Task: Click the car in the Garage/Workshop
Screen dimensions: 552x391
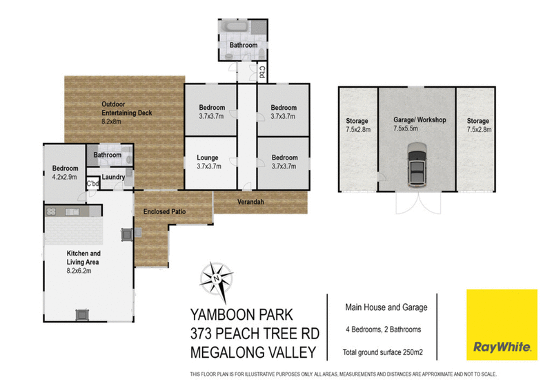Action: pyautogui.click(x=417, y=165)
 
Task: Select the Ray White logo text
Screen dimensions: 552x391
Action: pyautogui.click(x=502, y=347)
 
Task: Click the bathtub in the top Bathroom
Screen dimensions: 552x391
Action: pyautogui.click(x=237, y=26)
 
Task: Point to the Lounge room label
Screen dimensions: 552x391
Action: pyautogui.click(x=208, y=158)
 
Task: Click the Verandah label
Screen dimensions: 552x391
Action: pyautogui.click(x=250, y=202)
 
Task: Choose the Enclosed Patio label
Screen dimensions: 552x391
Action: pyautogui.click(x=164, y=211)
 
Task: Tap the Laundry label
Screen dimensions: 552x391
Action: pyautogui.click(x=113, y=177)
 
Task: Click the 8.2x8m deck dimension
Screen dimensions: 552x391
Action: pyautogui.click(x=111, y=122)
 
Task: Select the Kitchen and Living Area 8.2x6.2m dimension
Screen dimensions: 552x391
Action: pyautogui.click(x=79, y=271)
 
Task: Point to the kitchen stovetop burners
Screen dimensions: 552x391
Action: pyautogui.click(x=51, y=211)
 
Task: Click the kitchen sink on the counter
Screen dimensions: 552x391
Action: pyautogui.click(x=72, y=211)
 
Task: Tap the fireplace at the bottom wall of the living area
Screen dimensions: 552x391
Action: pyautogui.click(x=82, y=315)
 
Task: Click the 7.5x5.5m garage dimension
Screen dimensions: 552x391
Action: pyautogui.click(x=406, y=128)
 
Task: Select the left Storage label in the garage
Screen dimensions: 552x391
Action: pyautogui.click(x=357, y=121)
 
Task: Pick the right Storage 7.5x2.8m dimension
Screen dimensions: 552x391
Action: pyautogui.click(x=479, y=129)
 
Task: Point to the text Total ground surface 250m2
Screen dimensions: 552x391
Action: pyautogui.click(x=383, y=352)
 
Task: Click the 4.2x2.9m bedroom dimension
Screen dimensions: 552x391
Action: pyautogui.click(x=64, y=177)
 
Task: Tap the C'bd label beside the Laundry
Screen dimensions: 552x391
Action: pyautogui.click(x=93, y=184)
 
